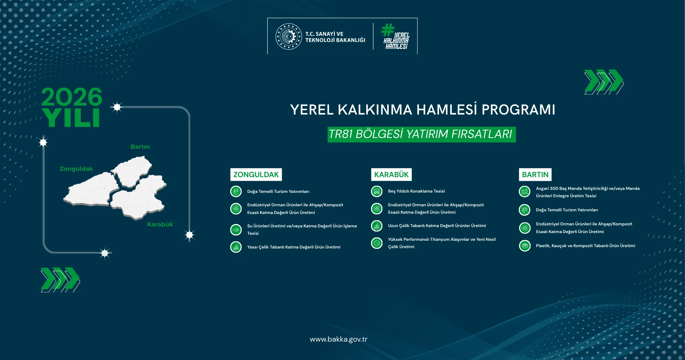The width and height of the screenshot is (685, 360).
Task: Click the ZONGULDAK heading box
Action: pos(256,174)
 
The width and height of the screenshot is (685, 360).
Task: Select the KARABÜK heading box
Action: pos(391,174)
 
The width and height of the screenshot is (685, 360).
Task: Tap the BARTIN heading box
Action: pos(535,174)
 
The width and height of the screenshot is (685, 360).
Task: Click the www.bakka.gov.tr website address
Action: pos(338,339)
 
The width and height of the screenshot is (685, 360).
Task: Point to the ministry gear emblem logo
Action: pos(289,37)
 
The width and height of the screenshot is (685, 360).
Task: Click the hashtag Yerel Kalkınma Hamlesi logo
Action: pos(395,37)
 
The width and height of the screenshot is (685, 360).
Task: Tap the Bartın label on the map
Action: pos(140,147)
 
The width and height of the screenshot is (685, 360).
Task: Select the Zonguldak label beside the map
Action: pos(76,169)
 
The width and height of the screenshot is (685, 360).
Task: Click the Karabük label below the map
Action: pos(160,224)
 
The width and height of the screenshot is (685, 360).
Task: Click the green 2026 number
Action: pos(72,97)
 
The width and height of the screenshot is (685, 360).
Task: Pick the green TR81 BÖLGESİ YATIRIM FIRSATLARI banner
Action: pos(422,134)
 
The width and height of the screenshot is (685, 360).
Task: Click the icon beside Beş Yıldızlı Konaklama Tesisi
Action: pos(377,191)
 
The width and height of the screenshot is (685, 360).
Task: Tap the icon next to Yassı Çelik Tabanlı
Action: pos(236,247)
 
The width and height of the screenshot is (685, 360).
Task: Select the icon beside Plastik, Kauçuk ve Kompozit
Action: pos(524,246)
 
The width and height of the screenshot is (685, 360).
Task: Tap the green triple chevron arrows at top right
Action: pos(604,82)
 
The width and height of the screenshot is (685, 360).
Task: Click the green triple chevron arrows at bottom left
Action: pos(60,280)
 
